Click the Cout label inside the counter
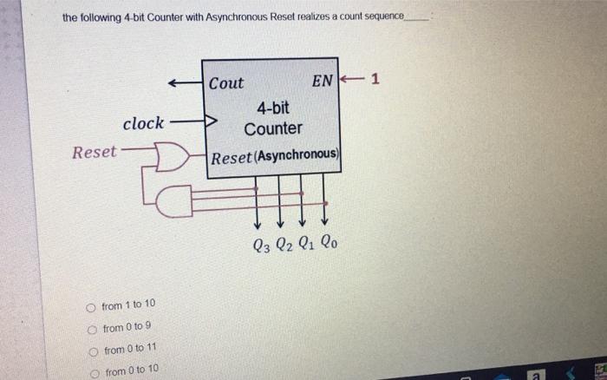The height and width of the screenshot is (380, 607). (226, 83)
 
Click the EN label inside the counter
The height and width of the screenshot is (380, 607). (322, 82)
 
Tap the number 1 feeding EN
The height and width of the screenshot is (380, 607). (375, 82)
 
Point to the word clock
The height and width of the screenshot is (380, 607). (143, 124)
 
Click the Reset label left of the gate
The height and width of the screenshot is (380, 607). (94, 153)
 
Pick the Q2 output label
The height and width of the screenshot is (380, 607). (284, 245)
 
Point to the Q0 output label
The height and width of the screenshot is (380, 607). (327, 245)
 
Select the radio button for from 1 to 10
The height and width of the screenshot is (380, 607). (91, 306)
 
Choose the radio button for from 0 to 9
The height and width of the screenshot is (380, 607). (92, 328)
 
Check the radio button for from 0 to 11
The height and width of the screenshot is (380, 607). (93, 350)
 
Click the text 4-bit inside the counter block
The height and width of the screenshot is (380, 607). (273, 108)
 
